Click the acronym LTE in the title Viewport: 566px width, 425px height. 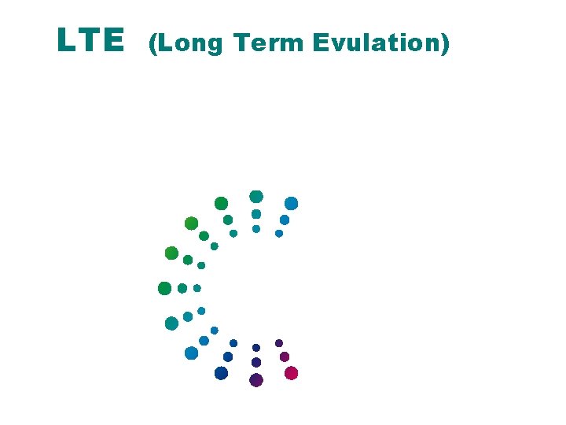pos(90,40)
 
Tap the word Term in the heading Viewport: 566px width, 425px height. pos(270,42)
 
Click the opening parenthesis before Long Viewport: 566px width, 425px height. pos(153,42)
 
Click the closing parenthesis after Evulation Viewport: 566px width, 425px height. pos(446,42)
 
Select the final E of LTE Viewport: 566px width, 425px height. pos(115,40)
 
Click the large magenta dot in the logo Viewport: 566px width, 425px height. pos(291,373)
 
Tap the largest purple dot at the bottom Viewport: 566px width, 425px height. pos(255,380)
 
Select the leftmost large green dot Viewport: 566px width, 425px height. pos(164,288)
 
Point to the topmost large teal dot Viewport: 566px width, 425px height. pos(256,196)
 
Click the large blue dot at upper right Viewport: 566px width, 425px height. pos(291,203)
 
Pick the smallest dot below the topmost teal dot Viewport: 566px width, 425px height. pos(256,229)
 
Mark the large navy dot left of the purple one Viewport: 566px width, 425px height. pos(221,373)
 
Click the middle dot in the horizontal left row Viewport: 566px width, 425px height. pos(182,288)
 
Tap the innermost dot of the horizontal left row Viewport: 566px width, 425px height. pos(197,288)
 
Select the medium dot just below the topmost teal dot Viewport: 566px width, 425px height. pos(256,214)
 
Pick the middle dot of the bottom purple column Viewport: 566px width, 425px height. pos(256,362)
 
